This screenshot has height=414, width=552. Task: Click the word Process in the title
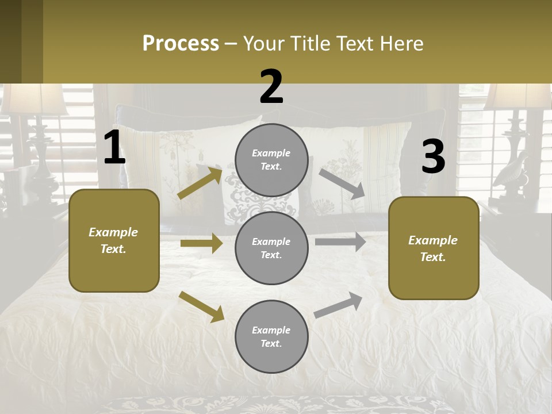pyautogui.click(x=181, y=44)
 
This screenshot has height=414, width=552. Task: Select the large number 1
pyautogui.click(x=114, y=148)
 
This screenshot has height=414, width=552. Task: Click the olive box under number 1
pyautogui.click(x=114, y=240)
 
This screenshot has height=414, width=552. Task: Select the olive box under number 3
pyautogui.click(x=434, y=248)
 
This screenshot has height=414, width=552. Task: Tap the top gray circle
pyautogui.click(x=271, y=160)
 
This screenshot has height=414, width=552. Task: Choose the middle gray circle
pyautogui.click(x=271, y=248)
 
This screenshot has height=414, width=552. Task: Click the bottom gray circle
pyautogui.click(x=271, y=336)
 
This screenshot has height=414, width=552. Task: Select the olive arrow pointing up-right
pyautogui.click(x=200, y=183)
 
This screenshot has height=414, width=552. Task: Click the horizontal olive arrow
pyautogui.click(x=201, y=243)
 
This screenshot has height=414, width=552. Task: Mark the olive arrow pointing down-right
pyautogui.click(x=201, y=306)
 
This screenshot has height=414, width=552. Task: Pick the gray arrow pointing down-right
pyautogui.click(x=342, y=184)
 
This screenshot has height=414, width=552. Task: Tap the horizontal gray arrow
pyautogui.click(x=340, y=242)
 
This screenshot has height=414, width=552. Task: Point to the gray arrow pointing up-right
pyautogui.click(x=339, y=305)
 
